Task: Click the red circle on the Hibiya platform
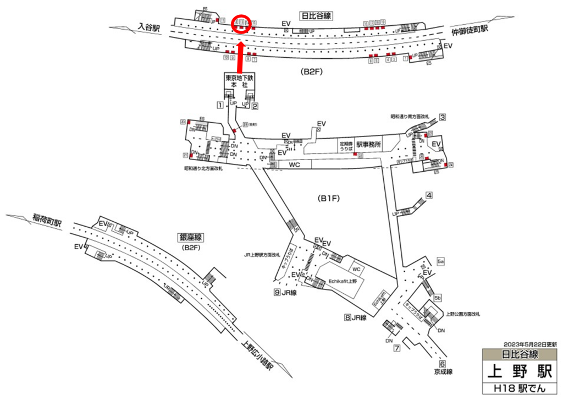click(x=242, y=23)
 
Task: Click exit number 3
click(x=441, y=117)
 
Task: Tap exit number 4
click(x=429, y=195)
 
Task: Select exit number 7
click(x=396, y=348)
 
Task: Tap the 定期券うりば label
click(x=345, y=144)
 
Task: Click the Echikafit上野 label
click(x=343, y=281)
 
